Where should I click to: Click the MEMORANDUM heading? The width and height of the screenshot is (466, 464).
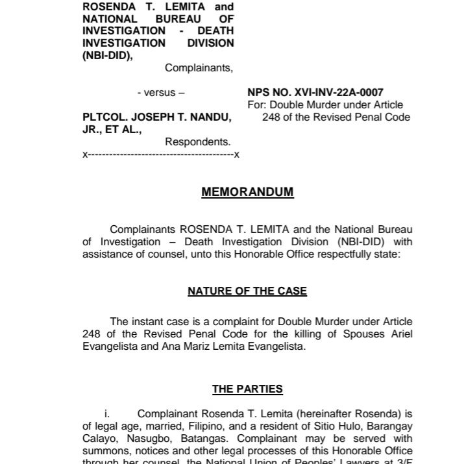click(x=247, y=192)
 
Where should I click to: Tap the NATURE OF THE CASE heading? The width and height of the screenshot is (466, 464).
click(x=247, y=291)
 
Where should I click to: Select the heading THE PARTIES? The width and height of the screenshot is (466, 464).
click(x=247, y=389)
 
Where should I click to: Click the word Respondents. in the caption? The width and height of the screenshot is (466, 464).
click(x=198, y=141)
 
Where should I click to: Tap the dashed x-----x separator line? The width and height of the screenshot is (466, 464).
click(x=160, y=154)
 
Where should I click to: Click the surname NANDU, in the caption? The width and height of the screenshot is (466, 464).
click(x=209, y=117)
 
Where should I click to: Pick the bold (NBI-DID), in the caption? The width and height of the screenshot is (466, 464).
click(x=107, y=56)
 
